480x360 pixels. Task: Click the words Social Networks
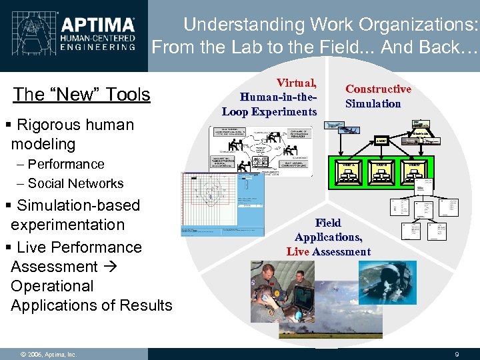76,183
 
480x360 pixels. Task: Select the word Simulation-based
78,205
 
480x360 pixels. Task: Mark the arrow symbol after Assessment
110,267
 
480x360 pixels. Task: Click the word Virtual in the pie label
297,83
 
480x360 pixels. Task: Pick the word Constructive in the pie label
378,89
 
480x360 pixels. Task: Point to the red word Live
297,251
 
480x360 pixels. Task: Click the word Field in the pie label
328,223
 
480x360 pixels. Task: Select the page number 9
456,354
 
